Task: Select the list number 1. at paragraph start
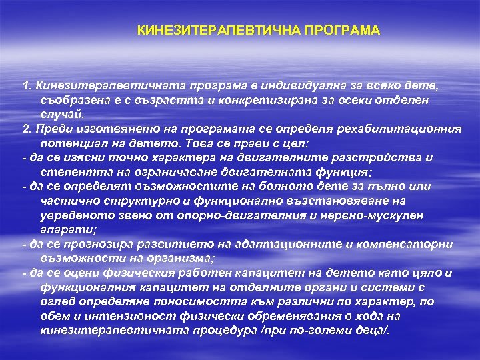pyautogui.click(x=27, y=86)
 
